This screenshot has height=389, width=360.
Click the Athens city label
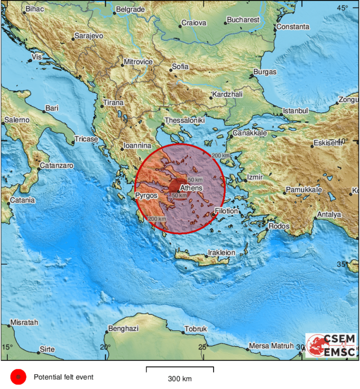tap(190, 188)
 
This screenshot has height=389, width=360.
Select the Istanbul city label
tap(295, 111)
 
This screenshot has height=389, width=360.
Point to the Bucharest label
tap(243, 20)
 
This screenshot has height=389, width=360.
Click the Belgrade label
tap(130, 10)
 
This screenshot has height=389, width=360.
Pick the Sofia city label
tap(180, 67)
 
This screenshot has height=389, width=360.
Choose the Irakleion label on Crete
tap(221, 253)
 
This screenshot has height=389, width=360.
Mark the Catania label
tap(22, 200)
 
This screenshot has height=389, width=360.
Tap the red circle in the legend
tap(17, 377)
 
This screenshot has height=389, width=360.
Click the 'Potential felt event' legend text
tap(64, 377)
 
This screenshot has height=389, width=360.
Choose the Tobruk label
tap(196, 329)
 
